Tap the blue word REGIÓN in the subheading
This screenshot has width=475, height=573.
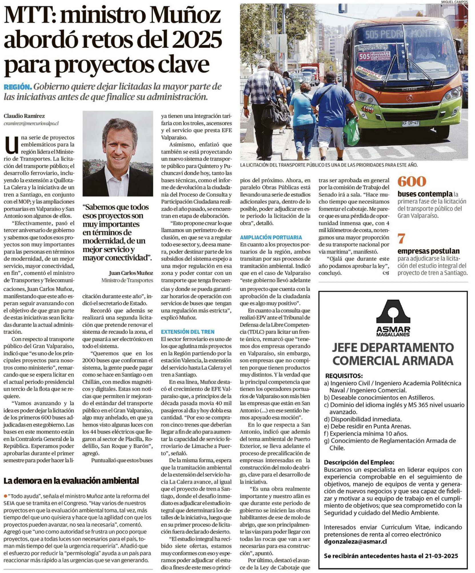[x=18, y=87]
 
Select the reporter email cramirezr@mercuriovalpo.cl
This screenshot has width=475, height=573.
[x=31, y=124]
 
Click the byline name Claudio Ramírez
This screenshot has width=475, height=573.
[x=24, y=116]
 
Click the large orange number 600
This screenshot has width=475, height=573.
[x=412, y=181]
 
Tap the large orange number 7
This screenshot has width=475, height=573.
[x=401, y=239]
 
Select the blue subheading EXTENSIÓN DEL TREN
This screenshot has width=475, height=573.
[x=187, y=332]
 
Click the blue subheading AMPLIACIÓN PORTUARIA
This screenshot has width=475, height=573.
[x=271, y=237]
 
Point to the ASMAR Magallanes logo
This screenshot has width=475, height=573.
[x=393, y=318]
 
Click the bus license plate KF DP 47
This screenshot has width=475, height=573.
[x=410, y=123]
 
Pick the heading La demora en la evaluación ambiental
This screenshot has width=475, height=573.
[x=71, y=481]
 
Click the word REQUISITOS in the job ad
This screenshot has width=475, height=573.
[x=344, y=376]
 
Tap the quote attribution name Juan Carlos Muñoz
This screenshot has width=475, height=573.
[x=131, y=273]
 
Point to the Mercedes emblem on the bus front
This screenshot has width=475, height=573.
[x=410, y=98]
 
